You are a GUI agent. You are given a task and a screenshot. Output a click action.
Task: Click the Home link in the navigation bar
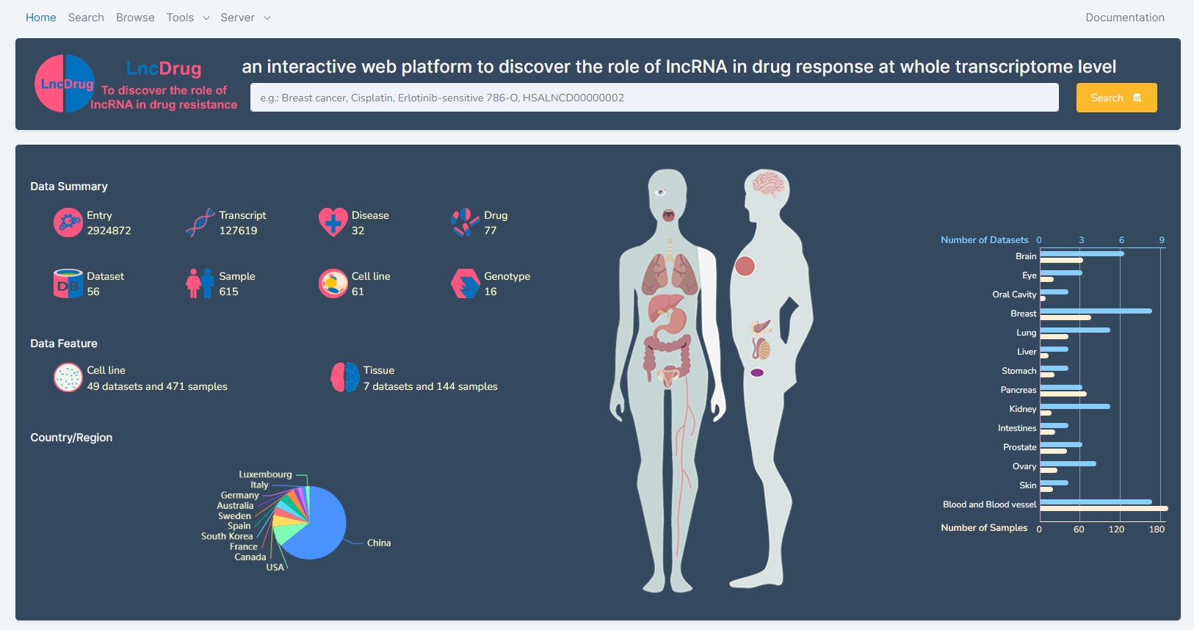point(40,18)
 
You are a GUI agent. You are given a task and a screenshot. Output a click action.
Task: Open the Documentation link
point(1125,18)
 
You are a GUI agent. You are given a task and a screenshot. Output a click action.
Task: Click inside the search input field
point(654,98)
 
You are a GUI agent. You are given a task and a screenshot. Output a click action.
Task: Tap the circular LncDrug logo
point(65,84)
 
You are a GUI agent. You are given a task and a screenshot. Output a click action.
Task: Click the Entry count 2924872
point(109,231)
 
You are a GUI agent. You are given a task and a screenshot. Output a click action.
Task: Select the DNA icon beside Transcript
point(200,222)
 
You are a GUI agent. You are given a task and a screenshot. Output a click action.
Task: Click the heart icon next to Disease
point(333,222)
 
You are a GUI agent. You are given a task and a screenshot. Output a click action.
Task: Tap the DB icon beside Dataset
point(68,283)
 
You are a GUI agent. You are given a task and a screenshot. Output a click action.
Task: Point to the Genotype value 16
point(491,292)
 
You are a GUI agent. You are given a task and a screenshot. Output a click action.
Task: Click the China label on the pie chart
point(379,543)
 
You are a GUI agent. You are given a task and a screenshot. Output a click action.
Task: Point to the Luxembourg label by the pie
point(265,474)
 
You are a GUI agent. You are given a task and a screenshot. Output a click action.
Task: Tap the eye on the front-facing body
point(660,192)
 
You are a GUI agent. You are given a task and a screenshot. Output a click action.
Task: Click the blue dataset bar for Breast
point(1096,311)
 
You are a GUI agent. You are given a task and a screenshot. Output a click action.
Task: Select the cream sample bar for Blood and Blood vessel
point(1104,509)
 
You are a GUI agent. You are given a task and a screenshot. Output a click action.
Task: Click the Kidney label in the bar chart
point(1023,409)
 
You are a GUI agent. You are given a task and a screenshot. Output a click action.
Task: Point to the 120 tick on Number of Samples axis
point(1116,529)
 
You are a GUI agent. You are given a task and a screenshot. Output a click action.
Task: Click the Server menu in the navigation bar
point(245,18)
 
